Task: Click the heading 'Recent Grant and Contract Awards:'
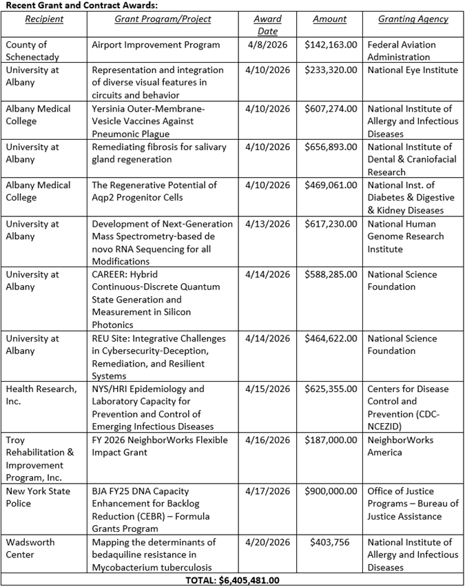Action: click(81, 6)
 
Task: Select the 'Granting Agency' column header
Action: click(413, 19)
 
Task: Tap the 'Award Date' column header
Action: click(267, 25)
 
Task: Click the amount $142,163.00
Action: click(331, 45)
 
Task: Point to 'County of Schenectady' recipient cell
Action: click(32, 51)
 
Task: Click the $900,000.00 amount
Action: click(331, 491)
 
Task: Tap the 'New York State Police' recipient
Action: click(38, 497)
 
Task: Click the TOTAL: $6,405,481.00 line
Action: click(232, 581)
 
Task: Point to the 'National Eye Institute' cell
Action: click(412, 70)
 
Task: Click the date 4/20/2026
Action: click(267, 542)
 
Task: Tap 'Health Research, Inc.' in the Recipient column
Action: click(41, 395)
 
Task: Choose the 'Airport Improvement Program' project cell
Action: click(156, 45)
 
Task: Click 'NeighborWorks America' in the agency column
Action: click(400, 446)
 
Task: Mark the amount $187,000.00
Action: click(331, 440)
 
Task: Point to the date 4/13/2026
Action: click(267, 224)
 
